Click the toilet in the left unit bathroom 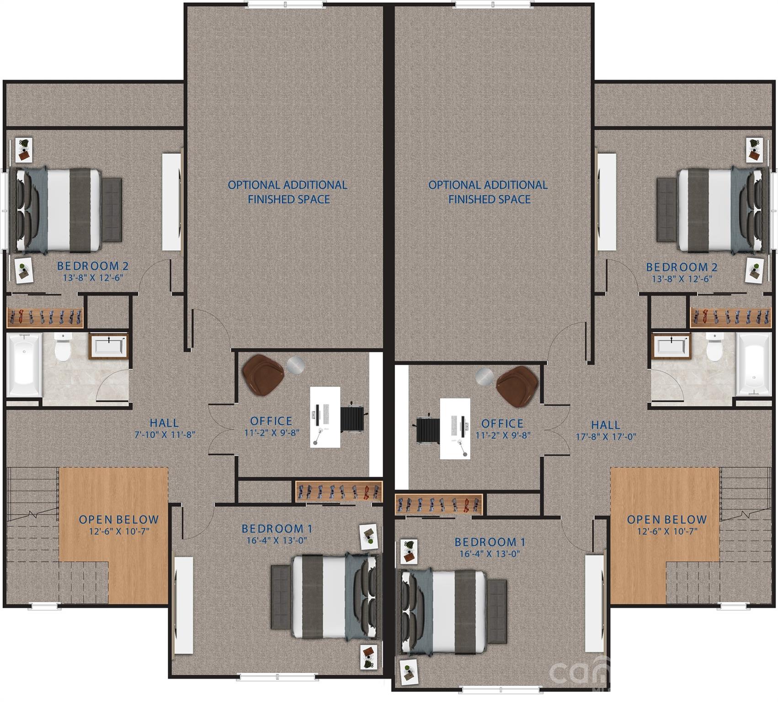[x=62, y=347]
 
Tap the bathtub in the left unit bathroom [x=24, y=364]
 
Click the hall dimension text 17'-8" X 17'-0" [x=606, y=436]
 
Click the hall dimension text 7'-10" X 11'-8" [x=165, y=434]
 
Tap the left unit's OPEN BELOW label [x=119, y=520]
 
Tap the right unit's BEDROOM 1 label [x=490, y=542]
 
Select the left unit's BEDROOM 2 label [x=93, y=266]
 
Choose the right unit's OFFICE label [x=502, y=424]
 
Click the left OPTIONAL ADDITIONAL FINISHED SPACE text [x=288, y=192]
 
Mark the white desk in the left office [x=325, y=417]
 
